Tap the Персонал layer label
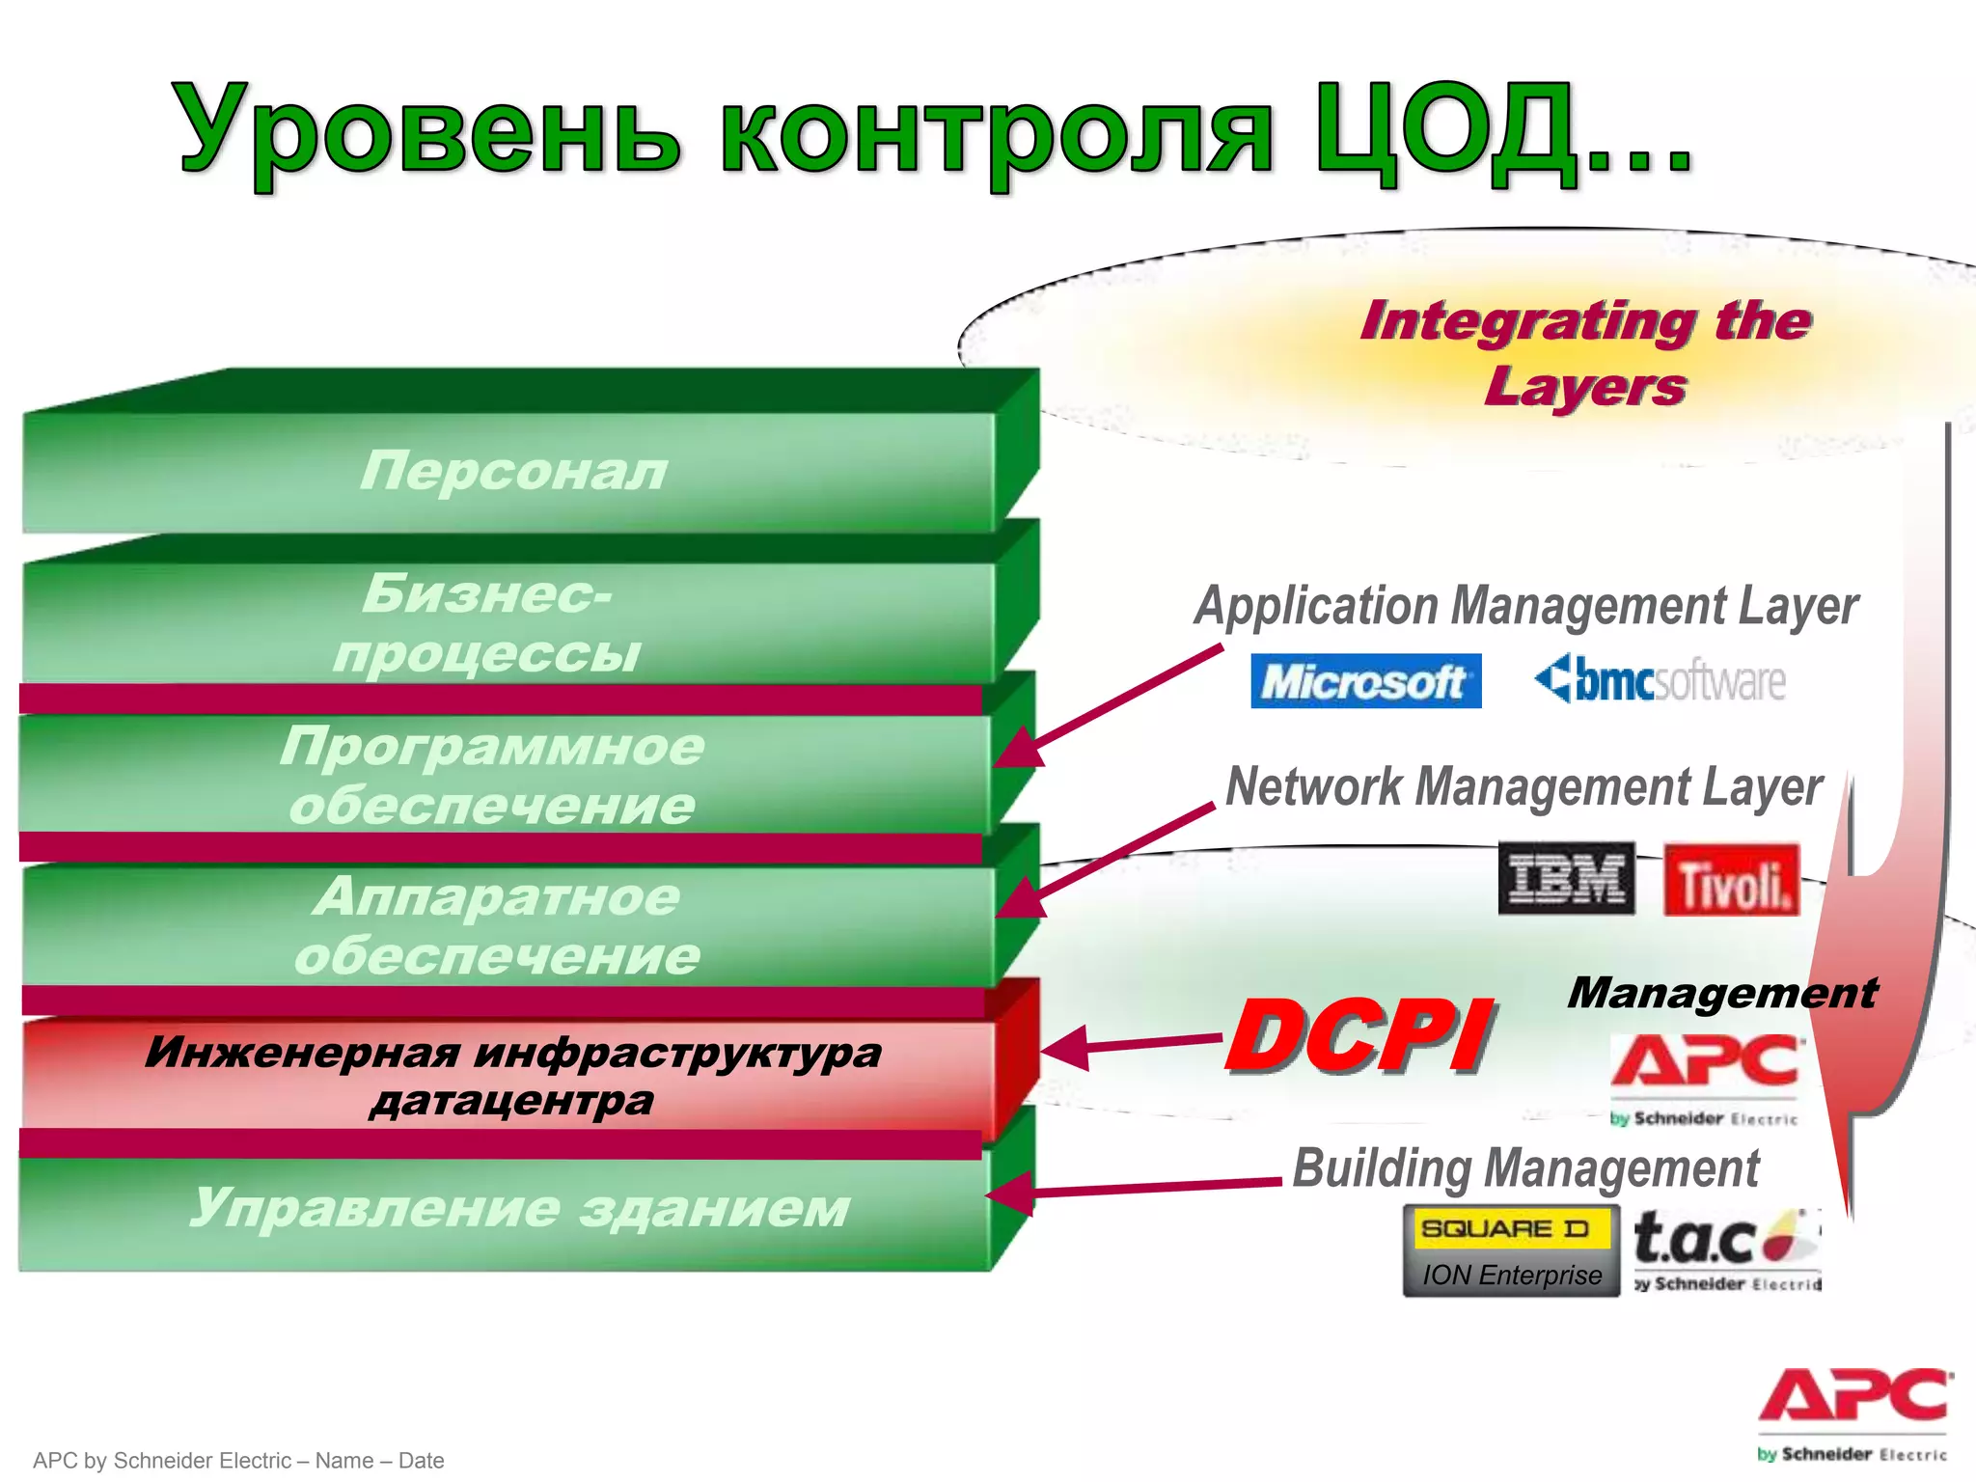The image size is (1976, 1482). pyautogui.click(x=513, y=471)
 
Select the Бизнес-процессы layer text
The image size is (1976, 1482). pyautogui.click(x=487, y=622)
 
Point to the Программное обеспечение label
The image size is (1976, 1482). pyautogui.click(x=492, y=775)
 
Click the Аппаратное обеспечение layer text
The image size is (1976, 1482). pyautogui.click(x=497, y=925)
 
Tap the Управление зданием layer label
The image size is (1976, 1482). pyautogui.click(x=519, y=1208)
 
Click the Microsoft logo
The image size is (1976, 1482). pyautogui.click(x=1364, y=682)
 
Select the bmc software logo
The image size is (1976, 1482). pyautogui.click(x=1660, y=680)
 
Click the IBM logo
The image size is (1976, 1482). pyautogui.click(x=1565, y=878)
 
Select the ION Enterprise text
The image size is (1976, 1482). pyautogui.click(x=1511, y=1276)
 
